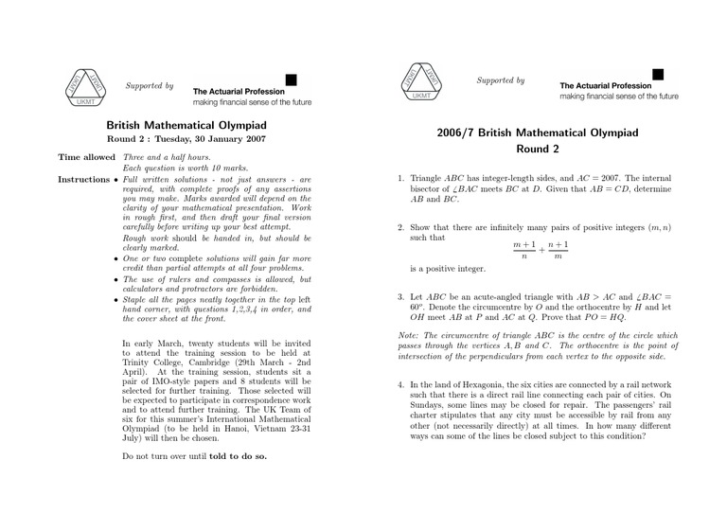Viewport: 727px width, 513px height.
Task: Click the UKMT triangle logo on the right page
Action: tap(421, 83)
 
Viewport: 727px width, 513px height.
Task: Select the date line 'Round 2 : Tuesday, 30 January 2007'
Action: tap(186, 138)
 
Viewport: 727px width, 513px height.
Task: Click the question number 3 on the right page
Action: tap(400, 297)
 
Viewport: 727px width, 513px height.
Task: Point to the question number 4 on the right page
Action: tap(400, 385)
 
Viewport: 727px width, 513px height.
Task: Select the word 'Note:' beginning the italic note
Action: tap(408, 335)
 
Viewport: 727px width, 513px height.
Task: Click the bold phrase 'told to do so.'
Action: tap(238, 455)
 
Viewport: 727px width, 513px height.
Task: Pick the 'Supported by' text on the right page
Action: tap(501, 80)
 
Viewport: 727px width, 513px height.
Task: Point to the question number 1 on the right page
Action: tap(400, 178)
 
